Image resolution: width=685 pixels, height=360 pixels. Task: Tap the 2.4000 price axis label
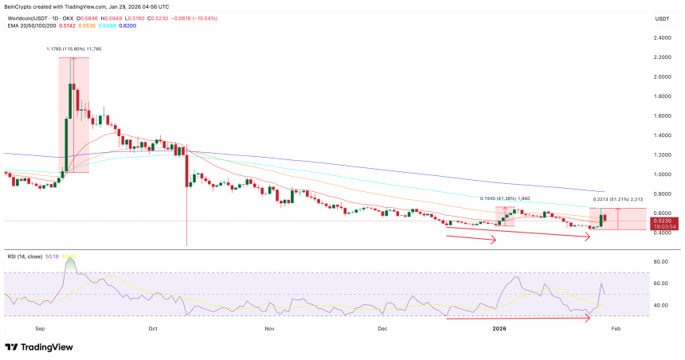[661, 37]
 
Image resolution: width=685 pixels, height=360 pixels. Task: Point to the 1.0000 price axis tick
[661, 174]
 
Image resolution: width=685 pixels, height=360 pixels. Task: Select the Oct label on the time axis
[152, 327]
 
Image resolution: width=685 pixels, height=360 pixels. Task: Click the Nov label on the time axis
[269, 327]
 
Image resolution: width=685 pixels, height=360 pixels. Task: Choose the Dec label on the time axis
[382, 327]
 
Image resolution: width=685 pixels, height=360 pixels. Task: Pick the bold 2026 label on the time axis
[499, 327]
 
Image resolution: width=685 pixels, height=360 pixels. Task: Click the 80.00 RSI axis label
[661, 261]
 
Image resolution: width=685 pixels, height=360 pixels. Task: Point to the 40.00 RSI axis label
[661, 305]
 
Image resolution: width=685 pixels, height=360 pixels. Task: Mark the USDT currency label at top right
[661, 18]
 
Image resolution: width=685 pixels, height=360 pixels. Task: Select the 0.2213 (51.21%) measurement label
[617, 199]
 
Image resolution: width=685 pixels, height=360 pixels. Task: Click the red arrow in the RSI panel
[518, 319]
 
